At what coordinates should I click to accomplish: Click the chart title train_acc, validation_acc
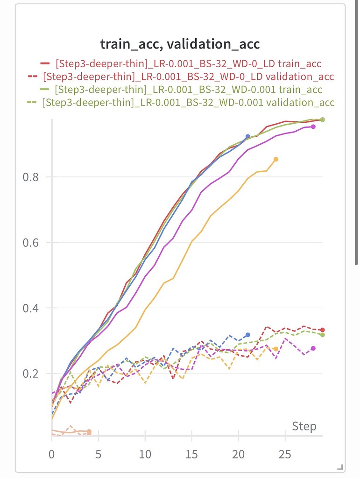coord(180,44)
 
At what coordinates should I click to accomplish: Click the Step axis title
coord(304,426)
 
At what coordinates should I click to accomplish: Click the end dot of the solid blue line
coord(248,137)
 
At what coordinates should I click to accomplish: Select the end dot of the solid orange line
coord(276,159)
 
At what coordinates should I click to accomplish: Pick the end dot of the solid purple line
coord(313,127)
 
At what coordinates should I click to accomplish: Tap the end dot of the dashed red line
coord(323,330)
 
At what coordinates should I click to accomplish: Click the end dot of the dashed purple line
coord(313,348)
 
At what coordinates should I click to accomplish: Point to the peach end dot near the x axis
coord(89,432)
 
